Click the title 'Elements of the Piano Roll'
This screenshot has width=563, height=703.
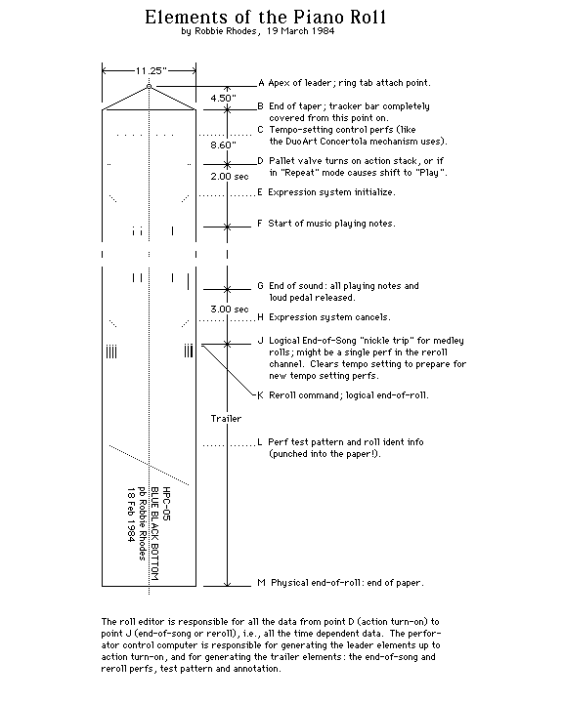[x=265, y=17]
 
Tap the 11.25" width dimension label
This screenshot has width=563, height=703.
[x=152, y=70]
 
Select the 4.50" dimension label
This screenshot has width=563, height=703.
[x=223, y=98]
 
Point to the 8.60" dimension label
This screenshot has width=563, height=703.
[x=223, y=145]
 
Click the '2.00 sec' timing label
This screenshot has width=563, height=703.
[x=230, y=176]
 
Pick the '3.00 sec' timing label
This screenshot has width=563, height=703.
[x=230, y=309]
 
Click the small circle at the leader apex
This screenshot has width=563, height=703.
[x=149, y=87]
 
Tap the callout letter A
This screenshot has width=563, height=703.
[x=261, y=82]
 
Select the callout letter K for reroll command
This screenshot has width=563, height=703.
[x=260, y=395]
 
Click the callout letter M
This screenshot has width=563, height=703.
[x=261, y=582]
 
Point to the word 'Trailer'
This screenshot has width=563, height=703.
[x=227, y=418]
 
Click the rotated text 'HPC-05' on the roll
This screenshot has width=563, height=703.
[x=166, y=504]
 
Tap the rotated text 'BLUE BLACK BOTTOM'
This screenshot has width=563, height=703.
[x=154, y=533]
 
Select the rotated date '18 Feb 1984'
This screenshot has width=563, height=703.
[x=131, y=515]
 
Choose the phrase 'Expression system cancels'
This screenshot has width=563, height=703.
[x=329, y=317]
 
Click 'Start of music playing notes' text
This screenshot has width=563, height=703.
[x=331, y=224]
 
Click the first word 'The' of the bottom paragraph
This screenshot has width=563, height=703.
[x=108, y=621]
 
